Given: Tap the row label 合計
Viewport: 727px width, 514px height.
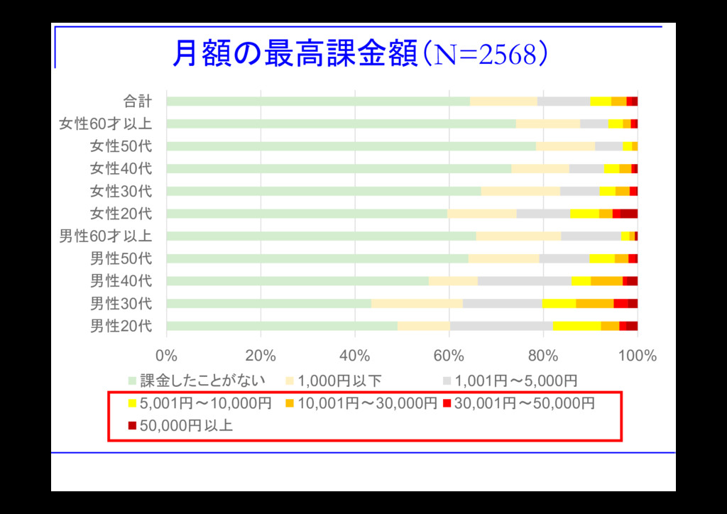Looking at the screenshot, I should coord(138,102).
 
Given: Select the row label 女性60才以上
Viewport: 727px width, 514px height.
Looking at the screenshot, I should coord(105,124).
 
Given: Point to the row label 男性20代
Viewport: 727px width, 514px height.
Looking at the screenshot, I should coord(121,327).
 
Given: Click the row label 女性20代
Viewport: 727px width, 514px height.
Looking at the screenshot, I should coord(121,214).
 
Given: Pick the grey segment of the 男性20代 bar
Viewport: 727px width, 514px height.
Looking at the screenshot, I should coord(501,327).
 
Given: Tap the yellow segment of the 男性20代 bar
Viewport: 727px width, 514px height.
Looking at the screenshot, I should coord(576,327).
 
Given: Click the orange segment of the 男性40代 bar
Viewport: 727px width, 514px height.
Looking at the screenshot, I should coord(606,281).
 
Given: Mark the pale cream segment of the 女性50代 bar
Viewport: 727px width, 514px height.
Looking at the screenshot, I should coord(565,146).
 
